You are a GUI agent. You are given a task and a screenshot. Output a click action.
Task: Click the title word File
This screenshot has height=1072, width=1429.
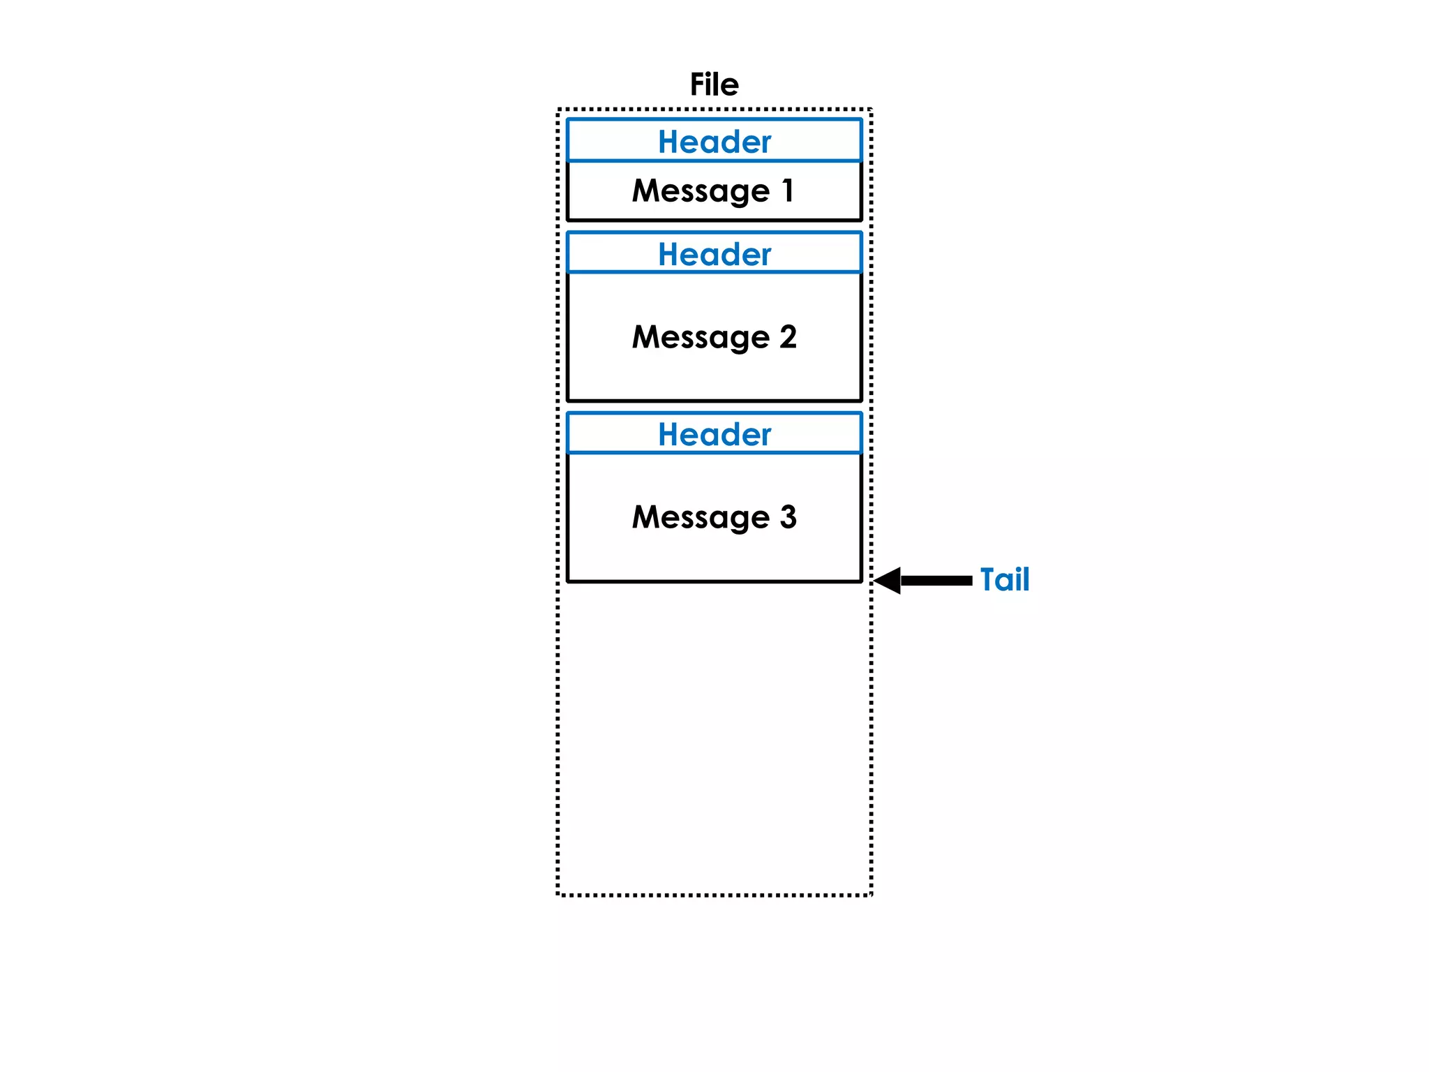coord(714,84)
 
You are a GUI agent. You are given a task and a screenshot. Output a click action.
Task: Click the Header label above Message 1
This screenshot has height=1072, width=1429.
coord(714,142)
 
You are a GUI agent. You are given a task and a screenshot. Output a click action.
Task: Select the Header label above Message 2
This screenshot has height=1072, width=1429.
coord(714,254)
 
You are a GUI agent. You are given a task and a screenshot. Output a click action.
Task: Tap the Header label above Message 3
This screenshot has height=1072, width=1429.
coord(714,434)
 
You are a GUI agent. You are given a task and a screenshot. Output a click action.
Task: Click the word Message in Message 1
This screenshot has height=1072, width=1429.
coord(700,191)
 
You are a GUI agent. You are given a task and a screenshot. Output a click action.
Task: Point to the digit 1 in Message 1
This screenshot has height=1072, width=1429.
coord(788,190)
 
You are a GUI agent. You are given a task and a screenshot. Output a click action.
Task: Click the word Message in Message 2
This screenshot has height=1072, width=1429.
coord(700,338)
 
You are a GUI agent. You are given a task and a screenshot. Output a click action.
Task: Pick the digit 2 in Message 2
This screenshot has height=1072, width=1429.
coord(788,336)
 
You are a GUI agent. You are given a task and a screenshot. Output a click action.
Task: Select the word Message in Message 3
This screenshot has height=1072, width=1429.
coord(700,518)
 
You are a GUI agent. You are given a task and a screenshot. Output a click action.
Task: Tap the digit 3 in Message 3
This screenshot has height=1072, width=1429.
coord(788,516)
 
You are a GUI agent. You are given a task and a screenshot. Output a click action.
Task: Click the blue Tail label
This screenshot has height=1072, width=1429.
coord(1005,579)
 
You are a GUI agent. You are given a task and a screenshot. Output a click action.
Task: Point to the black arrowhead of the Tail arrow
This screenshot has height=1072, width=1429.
coord(888,581)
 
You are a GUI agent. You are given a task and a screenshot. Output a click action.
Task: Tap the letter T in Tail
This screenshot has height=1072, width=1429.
coord(989,579)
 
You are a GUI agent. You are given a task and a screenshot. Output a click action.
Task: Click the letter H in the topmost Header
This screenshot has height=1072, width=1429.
coord(669,142)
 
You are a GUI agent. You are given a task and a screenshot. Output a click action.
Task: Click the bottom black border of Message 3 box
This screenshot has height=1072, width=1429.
coord(714,581)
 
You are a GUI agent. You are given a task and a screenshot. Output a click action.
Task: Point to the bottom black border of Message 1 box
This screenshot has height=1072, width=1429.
coord(714,220)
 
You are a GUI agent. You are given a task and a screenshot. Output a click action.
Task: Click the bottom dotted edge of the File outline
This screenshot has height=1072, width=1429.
coord(714,895)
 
